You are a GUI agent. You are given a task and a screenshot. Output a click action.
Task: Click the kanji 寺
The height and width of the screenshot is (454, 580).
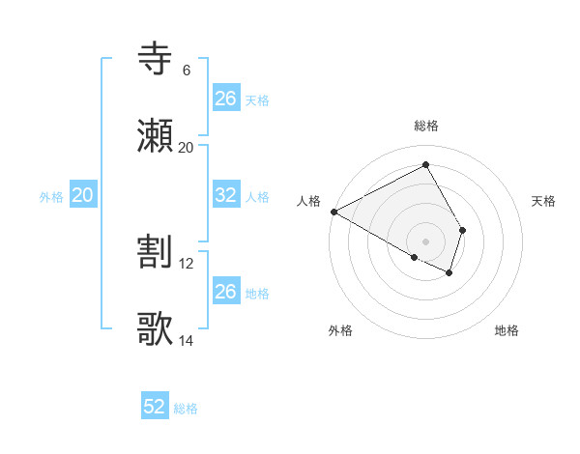pos(156,58)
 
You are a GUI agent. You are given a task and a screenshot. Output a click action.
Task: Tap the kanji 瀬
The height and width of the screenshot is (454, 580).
pos(156,136)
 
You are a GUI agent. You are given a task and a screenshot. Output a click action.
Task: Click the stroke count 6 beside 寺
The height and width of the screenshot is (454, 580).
pos(186,71)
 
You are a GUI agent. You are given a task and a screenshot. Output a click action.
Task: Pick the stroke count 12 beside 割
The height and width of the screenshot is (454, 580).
pos(188,264)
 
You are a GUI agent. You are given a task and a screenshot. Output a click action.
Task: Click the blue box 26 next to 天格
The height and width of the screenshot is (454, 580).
pos(225,99)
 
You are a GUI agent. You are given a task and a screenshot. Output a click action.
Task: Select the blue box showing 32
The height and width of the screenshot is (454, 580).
pos(225,195)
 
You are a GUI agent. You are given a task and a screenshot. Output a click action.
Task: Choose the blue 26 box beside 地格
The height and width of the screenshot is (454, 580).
pos(225,292)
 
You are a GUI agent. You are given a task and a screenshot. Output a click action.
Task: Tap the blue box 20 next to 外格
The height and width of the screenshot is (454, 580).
pos(83,195)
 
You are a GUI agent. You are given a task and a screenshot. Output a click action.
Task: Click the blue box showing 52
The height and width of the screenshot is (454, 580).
pos(155,407)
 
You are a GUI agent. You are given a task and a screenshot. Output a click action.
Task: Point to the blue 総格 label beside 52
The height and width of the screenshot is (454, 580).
pos(186,409)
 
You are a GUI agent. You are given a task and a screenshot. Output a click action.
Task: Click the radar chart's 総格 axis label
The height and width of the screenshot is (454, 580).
pos(425,126)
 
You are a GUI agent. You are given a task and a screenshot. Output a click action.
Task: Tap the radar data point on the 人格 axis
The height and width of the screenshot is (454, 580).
pos(333,212)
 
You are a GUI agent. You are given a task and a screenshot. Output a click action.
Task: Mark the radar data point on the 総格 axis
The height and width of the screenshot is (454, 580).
pos(425,165)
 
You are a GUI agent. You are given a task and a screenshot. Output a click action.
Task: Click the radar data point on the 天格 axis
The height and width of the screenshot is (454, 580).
pos(463,230)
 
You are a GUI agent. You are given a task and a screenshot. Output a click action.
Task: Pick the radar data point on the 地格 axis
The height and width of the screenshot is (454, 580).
pos(449,273)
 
